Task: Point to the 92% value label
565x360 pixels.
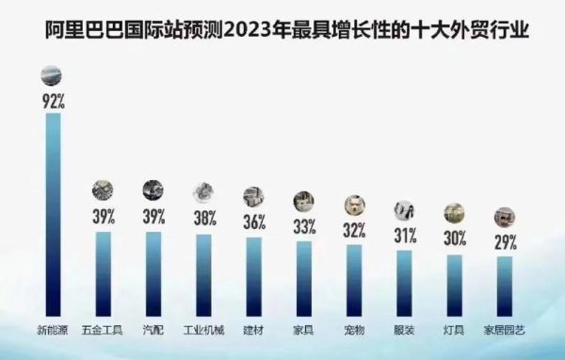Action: (x=53, y=99)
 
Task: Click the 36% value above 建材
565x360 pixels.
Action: (x=253, y=223)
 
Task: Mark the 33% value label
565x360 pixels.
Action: (x=303, y=227)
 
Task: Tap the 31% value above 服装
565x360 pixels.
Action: (x=404, y=236)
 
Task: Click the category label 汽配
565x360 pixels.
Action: (x=153, y=329)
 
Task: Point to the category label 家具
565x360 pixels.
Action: (x=303, y=329)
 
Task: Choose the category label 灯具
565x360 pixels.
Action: (x=454, y=329)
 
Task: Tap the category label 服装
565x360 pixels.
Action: (x=404, y=329)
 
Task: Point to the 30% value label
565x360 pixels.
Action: (x=454, y=239)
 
